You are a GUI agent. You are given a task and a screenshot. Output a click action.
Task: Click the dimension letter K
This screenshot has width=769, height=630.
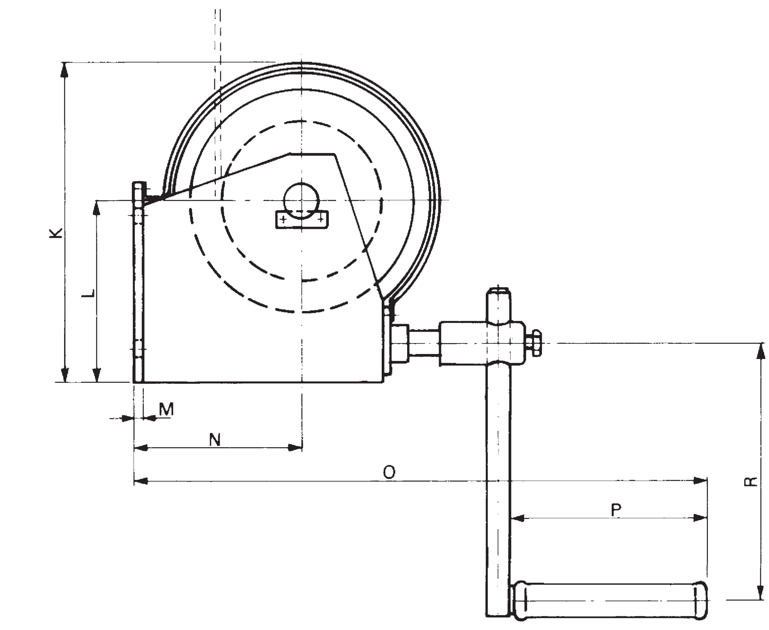(x=56, y=233)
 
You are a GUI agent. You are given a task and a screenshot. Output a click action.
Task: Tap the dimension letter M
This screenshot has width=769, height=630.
(x=166, y=409)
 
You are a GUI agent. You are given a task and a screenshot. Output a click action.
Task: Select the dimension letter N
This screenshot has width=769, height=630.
(x=215, y=440)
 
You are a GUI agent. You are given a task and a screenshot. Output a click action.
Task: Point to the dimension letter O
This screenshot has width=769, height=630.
(x=389, y=472)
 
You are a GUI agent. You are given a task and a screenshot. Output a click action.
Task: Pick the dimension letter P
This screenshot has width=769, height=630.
(x=616, y=510)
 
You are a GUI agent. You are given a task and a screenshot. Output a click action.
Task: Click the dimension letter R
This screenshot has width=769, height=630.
(x=751, y=481)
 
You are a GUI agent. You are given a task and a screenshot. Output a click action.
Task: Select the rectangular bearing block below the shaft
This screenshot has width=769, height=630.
(x=302, y=220)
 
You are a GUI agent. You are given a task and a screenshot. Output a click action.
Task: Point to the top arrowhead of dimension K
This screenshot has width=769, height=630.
(x=64, y=69)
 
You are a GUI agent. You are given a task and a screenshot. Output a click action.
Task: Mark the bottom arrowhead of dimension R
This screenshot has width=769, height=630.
(x=761, y=593)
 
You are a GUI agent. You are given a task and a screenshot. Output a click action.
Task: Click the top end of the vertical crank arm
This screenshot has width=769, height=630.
(x=498, y=291)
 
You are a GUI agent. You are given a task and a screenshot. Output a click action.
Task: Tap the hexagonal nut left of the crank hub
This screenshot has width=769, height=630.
(x=399, y=343)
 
